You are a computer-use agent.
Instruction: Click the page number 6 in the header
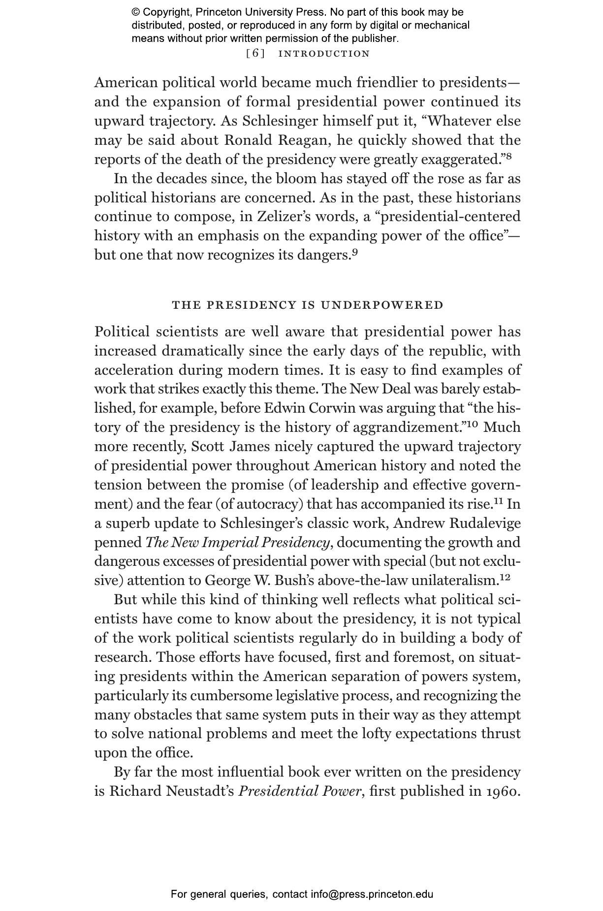(255, 54)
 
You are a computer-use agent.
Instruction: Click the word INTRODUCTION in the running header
(324, 54)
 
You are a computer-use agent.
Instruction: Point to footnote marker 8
(509, 157)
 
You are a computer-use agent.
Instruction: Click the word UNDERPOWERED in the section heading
(382, 305)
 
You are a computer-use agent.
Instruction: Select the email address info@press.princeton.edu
(372, 894)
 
